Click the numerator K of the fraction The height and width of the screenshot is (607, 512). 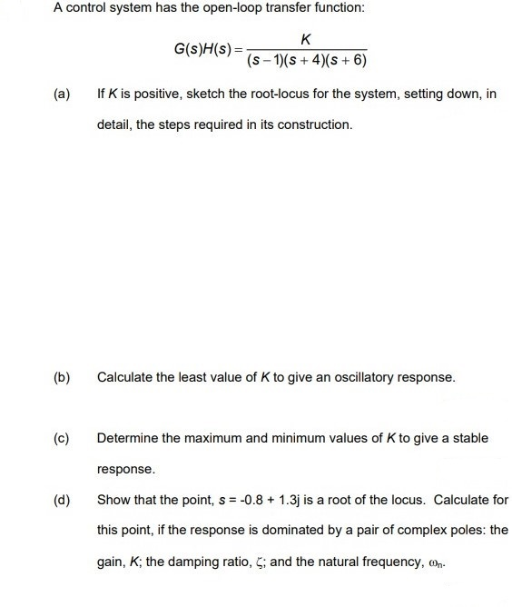click(304, 39)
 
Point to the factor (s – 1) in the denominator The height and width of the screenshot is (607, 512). click(266, 62)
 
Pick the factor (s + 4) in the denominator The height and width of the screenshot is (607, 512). click(305, 62)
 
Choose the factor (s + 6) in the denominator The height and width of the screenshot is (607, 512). click(346, 62)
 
